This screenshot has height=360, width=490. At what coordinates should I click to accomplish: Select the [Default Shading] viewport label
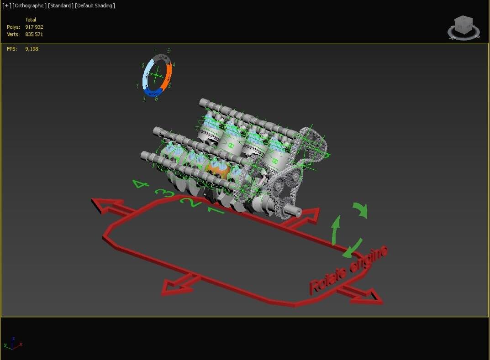[x=95, y=5]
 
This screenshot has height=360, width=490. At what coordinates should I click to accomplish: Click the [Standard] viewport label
[x=61, y=5]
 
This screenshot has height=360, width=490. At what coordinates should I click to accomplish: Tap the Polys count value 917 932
[x=34, y=27]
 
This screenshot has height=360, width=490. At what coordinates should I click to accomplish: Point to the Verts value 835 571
[x=34, y=34]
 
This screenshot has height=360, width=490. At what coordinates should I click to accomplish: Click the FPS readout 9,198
[x=32, y=49]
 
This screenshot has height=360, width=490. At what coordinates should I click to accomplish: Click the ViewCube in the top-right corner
[x=464, y=27]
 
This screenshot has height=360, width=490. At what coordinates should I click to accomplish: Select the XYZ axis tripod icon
[x=13, y=343]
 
